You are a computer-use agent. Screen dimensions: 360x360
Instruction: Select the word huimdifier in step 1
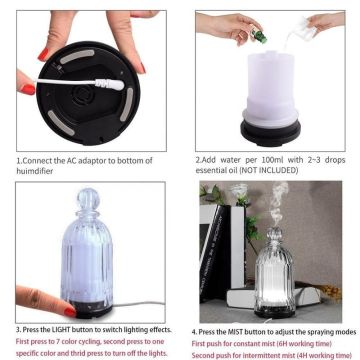[37, 169]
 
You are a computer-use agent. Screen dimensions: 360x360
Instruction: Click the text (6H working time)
[311, 341]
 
